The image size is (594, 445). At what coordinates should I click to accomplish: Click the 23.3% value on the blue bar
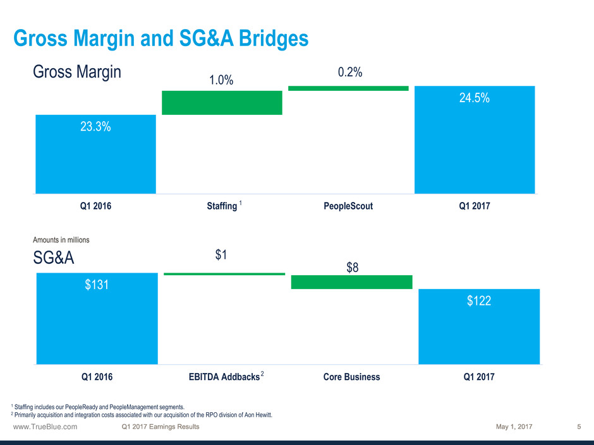96,126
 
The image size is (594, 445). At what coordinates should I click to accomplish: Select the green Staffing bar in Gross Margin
222,103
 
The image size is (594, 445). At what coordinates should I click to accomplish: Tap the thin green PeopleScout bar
348,88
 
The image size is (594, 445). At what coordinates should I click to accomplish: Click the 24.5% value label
474,98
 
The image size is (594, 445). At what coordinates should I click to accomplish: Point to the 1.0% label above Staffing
221,81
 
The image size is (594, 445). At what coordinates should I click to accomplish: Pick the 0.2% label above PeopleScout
349,73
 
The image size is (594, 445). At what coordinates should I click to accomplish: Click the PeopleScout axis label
348,206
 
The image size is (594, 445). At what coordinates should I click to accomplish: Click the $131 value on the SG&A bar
97,285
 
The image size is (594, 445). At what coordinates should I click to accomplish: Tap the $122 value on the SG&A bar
479,302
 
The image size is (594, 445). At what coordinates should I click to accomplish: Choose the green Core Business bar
352,282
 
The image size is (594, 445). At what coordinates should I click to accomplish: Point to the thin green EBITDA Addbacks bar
224,274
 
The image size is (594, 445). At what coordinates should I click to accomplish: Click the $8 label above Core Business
353,268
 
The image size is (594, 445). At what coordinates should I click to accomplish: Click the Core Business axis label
351,377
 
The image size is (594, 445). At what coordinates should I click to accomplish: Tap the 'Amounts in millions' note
61,240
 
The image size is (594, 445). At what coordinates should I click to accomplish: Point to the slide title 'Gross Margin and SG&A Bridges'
161,39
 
